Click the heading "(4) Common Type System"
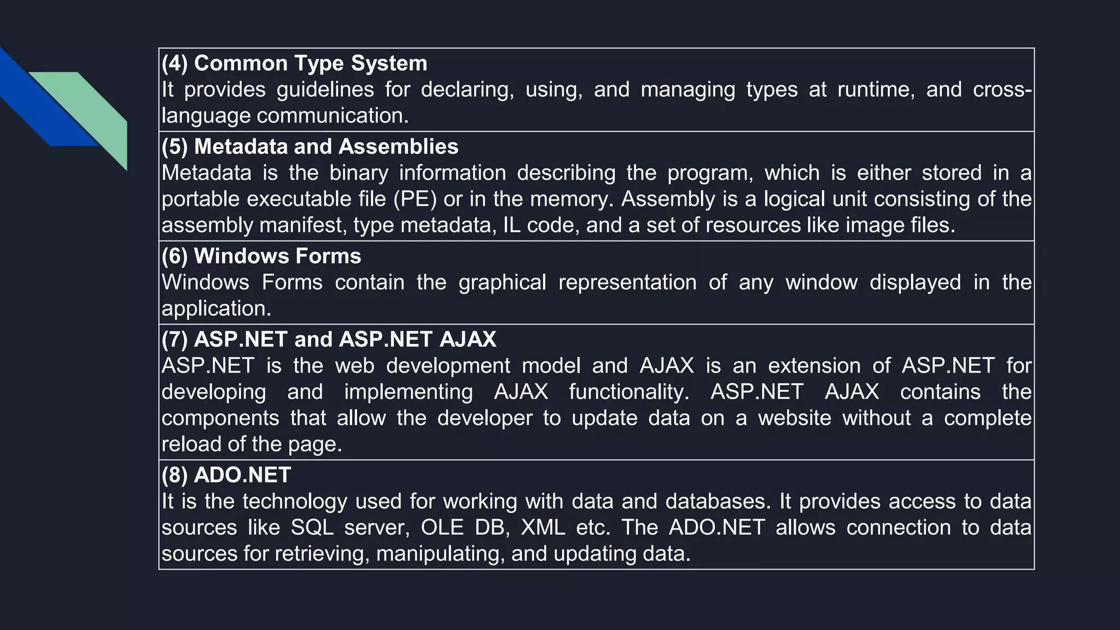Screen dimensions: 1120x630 pyautogui.click(x=294, y=63)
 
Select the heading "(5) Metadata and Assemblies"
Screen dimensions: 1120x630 pyautogui.click(x=310, y=147)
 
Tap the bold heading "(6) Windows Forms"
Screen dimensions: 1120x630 pyautogui.click(x=261, y=256)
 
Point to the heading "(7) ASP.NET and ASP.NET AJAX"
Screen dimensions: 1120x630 pyautogui.click(x=329, y=339)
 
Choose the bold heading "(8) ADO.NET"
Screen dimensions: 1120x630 pyautogui.click(x=226, y=475)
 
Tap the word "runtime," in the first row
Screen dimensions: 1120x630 pyautogui.click(x=876, y=90)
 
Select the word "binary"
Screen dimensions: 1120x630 pyautogui.click(x=359, y=173)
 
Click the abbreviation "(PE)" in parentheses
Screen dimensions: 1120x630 pyautogui.click(x=415, y=199)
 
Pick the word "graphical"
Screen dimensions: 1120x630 pyautogui.click(x=502, y=282)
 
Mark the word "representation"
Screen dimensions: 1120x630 pyautogui.click(x=627, y=282)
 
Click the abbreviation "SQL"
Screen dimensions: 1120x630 pyautogui.click(x=312, y=527)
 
